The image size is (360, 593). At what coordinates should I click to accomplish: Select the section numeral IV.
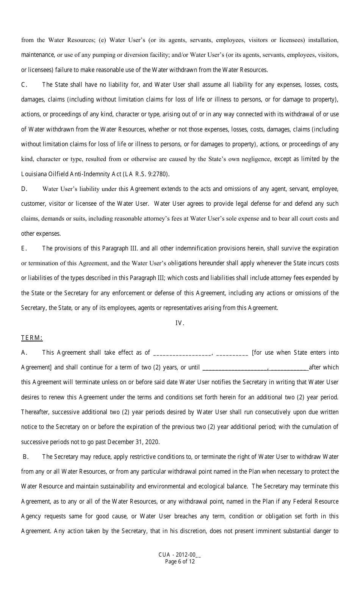(180, 323)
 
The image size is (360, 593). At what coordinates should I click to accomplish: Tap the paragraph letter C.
(24, 84)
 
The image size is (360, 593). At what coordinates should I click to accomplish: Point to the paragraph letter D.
(24, 189)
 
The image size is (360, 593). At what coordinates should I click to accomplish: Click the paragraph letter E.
(23, 248)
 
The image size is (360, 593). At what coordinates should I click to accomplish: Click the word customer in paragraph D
(33, 203)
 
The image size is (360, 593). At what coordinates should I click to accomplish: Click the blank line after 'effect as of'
(182, 353)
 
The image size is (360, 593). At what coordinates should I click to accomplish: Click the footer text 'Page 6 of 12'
(180, 562)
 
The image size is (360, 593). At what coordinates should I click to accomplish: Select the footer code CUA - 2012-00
(177, 555)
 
